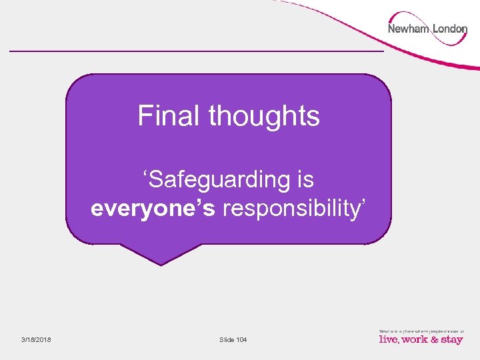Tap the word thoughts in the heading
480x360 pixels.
264,116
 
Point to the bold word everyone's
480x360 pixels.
153,209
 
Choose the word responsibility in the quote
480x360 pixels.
290,209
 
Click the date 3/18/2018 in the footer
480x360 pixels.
35,340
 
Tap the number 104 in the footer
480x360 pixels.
241,340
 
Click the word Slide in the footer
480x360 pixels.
227,340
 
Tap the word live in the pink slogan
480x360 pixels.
389,339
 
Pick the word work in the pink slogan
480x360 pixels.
415,339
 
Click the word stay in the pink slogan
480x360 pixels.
451,340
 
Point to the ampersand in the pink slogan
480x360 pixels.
433,339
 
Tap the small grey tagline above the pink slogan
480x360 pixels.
420,331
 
